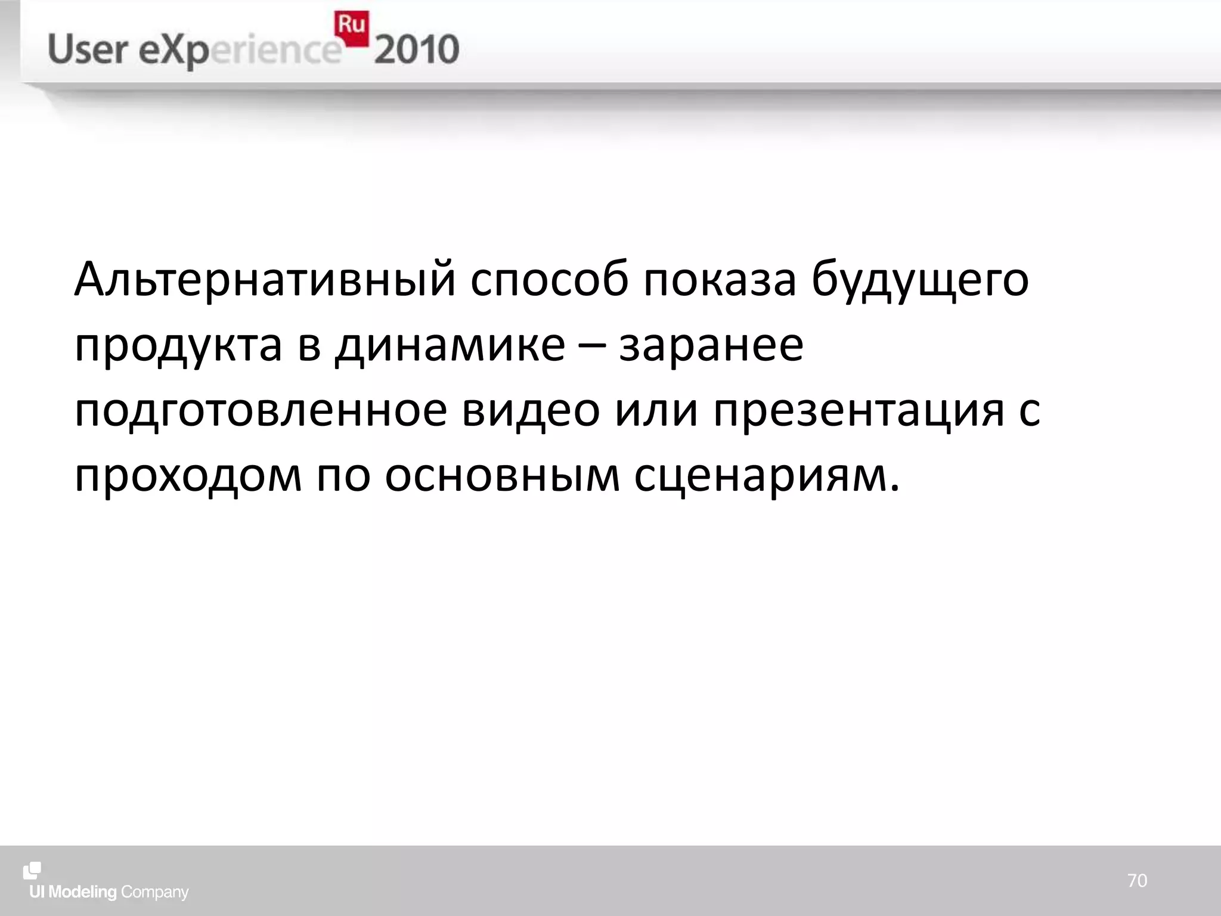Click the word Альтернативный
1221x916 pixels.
265,279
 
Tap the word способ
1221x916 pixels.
548,279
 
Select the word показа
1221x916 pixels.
719,279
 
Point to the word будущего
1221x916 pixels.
919,279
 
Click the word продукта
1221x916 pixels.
178,346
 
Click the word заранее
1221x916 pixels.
711,346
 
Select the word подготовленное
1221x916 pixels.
261,411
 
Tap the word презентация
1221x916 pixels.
859,411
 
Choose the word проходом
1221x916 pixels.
188,477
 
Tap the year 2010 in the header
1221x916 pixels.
416,50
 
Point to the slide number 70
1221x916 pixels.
1137,881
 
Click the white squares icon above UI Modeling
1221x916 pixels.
32,871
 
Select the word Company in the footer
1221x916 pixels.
154,892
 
